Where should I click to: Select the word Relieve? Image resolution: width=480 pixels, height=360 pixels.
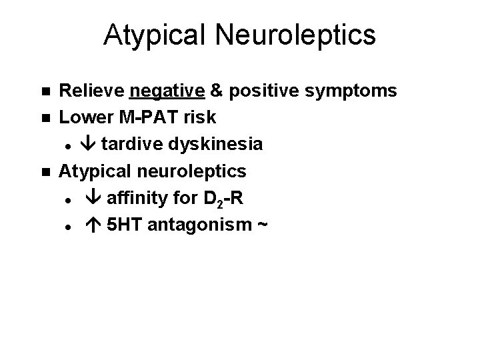(x=92, y=90)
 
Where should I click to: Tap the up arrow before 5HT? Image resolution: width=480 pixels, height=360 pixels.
(x=93, y=225)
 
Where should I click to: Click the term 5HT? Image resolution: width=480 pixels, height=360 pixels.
(x=125, y=225)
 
